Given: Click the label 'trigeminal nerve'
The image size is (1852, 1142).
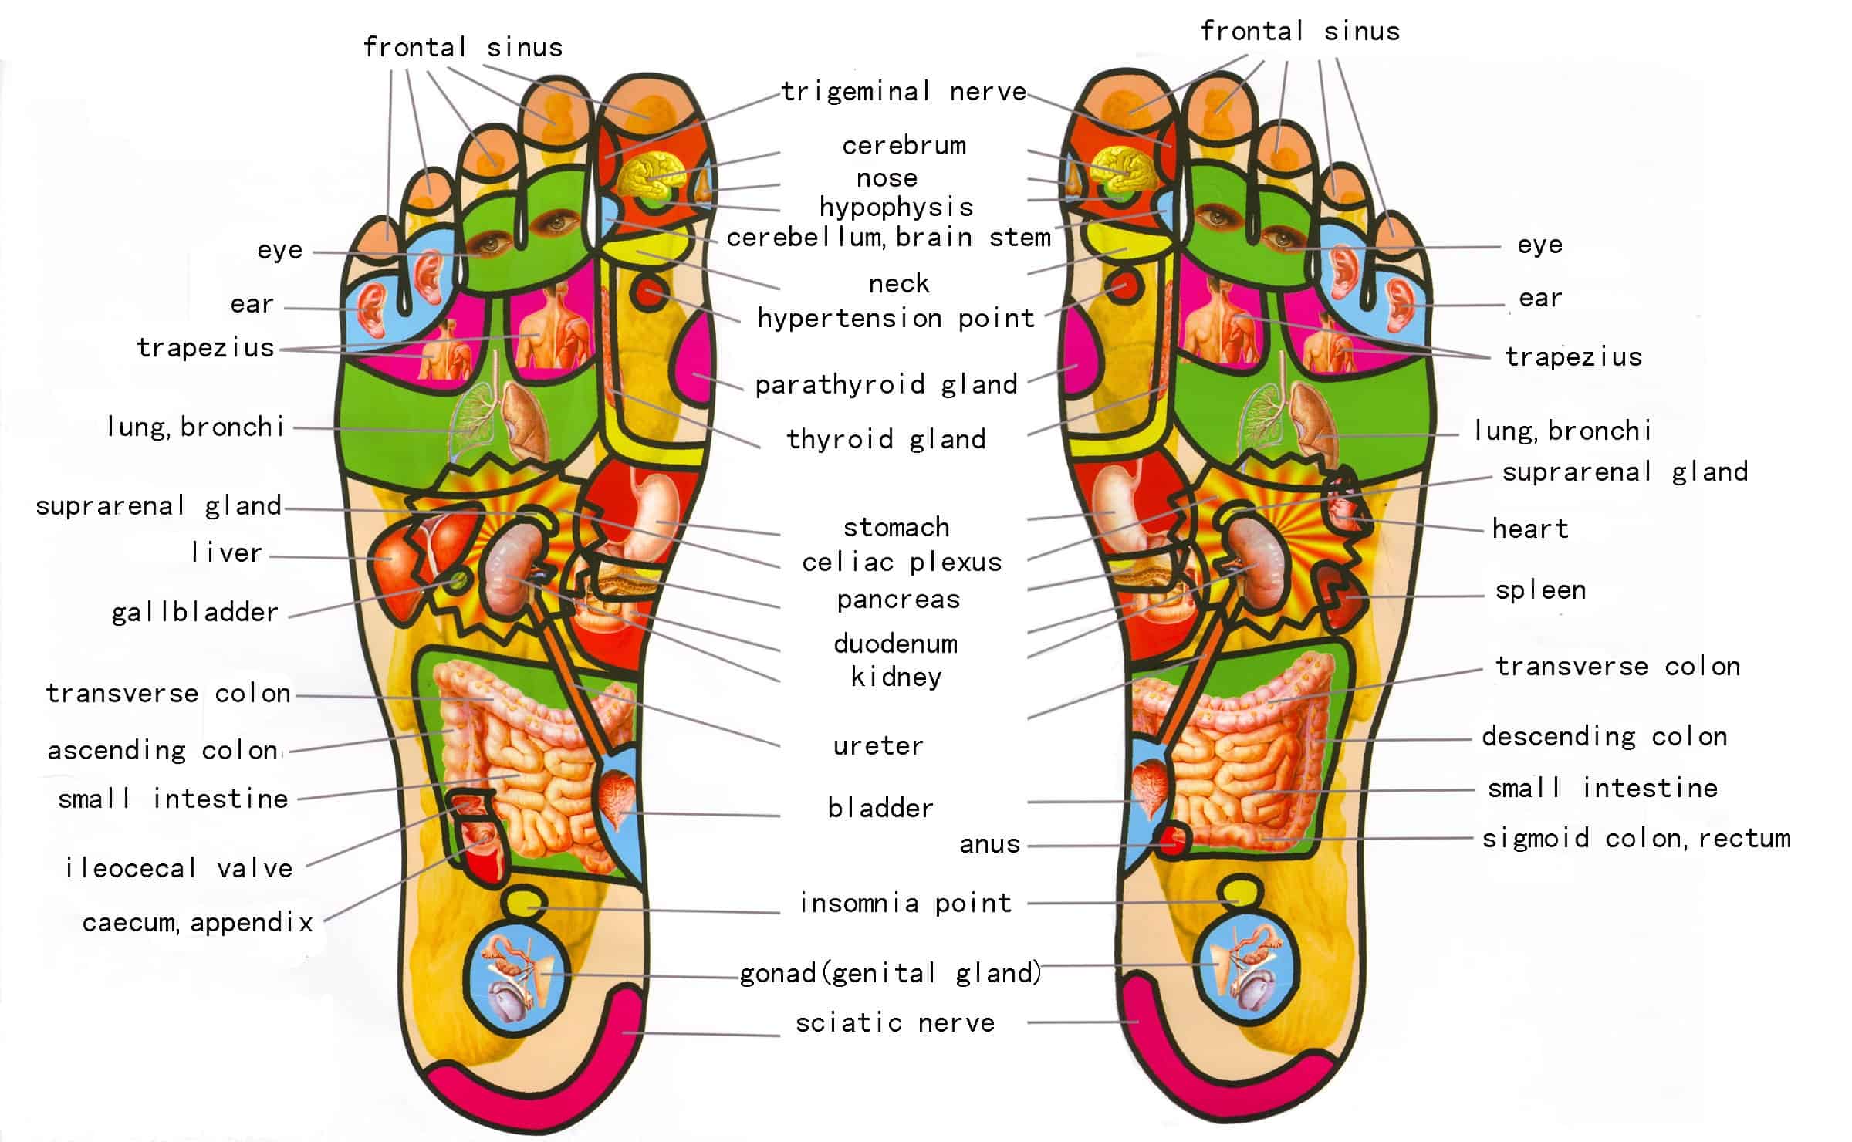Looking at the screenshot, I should point(904,92).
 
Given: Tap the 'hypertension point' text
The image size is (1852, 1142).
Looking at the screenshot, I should point(896,318).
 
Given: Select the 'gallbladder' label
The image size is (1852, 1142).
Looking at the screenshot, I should point(194,613).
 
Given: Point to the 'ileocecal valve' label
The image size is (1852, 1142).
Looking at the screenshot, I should point(179,868).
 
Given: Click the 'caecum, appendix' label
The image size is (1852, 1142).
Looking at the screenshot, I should point(198,923).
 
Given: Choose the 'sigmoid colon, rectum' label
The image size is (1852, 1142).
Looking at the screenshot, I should point(1636,838).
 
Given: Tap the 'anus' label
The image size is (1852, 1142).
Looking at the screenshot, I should point(989,844).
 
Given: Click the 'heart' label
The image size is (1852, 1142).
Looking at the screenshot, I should point(1530,529).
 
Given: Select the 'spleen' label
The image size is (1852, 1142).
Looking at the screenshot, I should point(1540,591).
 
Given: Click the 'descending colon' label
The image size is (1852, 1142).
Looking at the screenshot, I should point(1604,737).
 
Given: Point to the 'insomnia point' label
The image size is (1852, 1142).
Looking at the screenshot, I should point(905,903).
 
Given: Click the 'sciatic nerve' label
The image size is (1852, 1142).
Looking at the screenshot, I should point(895,1023).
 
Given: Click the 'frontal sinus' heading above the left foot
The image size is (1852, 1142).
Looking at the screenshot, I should point(463,48).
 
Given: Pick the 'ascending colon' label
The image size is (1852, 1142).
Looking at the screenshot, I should point(164,750).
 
